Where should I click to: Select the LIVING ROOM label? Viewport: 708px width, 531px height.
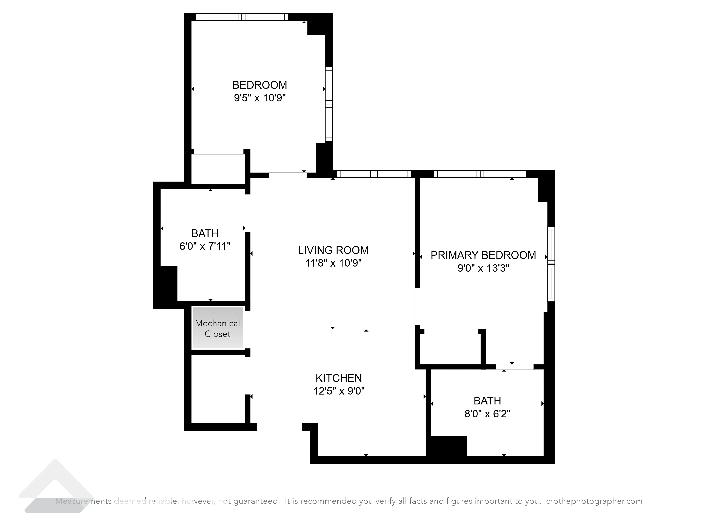point(333,250)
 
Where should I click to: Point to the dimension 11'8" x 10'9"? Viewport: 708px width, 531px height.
point(333,263)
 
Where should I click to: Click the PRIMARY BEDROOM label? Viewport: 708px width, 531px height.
point(483,255)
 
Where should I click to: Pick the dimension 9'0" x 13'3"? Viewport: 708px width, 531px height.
point(483,268)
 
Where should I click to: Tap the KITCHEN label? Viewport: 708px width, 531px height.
point(339,378)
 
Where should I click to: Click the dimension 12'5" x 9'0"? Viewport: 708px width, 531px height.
point(339,391)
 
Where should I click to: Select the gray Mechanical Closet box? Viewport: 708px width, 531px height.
point(218,328)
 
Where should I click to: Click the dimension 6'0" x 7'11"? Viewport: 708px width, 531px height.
point(205,246)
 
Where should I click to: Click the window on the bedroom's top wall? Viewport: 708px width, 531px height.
point(242,17)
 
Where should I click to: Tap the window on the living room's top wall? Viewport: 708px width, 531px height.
point(374,174)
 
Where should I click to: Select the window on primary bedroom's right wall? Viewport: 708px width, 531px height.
point(551,264)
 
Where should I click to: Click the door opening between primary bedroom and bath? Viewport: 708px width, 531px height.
point(514,367)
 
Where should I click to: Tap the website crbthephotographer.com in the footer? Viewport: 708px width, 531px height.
point(594,501)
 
